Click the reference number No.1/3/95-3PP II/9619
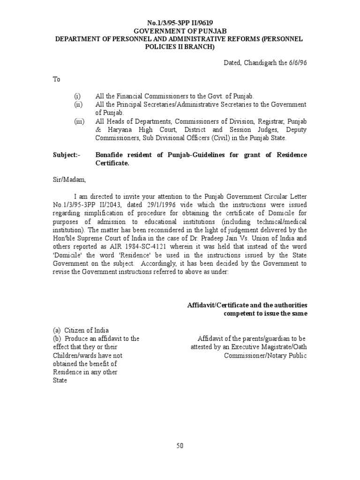(180, 22)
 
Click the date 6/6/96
(298, 62)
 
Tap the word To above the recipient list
(56, 79)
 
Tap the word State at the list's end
(60, 381)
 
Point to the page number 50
(180, 446)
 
